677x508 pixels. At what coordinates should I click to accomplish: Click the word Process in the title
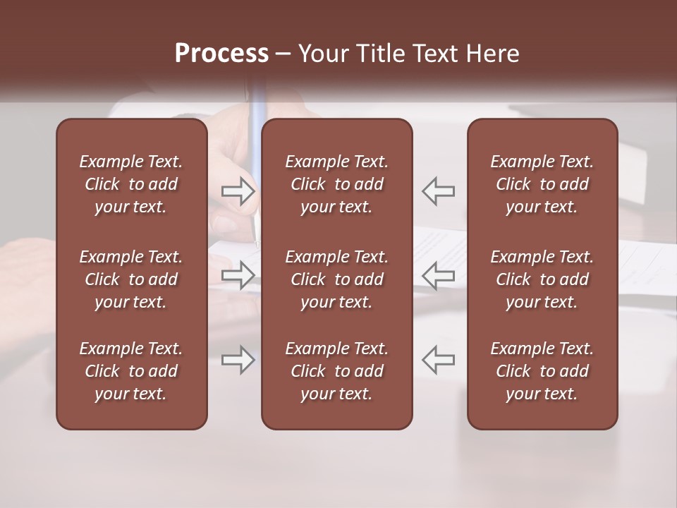[x=221, y=54]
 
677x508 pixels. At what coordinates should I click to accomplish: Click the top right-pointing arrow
[x=238, y=191]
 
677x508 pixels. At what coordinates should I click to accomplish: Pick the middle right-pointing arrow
[x=238, y=275]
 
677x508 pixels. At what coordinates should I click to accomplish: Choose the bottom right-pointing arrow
[x=238, y=360]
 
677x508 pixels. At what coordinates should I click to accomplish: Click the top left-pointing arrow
[x=438, y=191]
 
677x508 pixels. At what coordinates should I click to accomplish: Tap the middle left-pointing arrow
[x=438, y=275]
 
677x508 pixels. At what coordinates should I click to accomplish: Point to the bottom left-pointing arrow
[x=438, y=360]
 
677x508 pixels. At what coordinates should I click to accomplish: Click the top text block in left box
[x=131, y=184]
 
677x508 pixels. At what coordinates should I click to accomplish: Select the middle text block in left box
[x=131, y=279]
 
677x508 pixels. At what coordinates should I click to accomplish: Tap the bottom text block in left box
[x=131, y=371]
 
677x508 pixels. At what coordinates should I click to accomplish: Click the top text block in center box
[x=336, y=184]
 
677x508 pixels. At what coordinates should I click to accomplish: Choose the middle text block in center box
[x=336, y=279]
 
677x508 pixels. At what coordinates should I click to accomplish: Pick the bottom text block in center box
[x=336, y=371]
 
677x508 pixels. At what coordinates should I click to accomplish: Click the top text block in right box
[x=542, y=184]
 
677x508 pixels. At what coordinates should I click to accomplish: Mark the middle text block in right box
[x=542, y=279]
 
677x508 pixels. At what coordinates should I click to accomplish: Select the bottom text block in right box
[x=542, y=371]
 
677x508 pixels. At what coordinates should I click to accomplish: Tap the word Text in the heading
[x=437, y=54]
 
